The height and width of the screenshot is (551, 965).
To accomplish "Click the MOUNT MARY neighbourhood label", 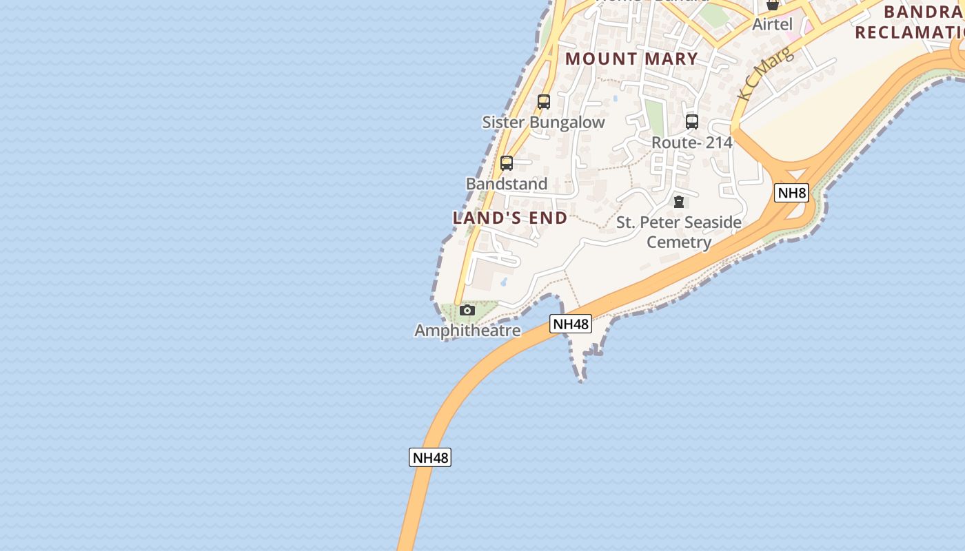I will coord(631,59).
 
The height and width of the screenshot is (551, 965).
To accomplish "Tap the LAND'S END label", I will coord(510,218).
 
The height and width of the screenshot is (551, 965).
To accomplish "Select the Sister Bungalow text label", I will coord(543,123).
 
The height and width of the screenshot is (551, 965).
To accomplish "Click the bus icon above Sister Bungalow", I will coord(544,102).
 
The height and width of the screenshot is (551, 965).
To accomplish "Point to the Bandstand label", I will coord(507,184).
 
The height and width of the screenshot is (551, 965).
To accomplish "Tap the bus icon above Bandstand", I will coord(507,163).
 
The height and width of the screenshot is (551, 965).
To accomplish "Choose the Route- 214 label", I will coord(692,143).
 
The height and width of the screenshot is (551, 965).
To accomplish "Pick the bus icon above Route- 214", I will coord(692,122).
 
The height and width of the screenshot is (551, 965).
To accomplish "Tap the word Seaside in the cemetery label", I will coord(709,222).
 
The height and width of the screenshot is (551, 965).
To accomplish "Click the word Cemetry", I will coord(679,242).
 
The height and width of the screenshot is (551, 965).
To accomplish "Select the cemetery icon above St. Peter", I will coord(679,202).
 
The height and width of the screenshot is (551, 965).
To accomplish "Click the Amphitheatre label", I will coord(467,331).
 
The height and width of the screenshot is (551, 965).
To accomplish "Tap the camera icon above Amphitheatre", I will coord(467,311).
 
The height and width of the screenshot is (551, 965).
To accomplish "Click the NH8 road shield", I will coord(791,193).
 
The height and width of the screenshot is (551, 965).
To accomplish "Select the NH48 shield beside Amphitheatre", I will coord(571,324).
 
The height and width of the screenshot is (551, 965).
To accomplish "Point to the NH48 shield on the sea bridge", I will coord(430,457).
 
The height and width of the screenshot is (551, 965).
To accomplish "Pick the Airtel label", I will coord(772,24).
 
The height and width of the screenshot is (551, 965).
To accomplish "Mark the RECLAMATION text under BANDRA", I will coord(910,32).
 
